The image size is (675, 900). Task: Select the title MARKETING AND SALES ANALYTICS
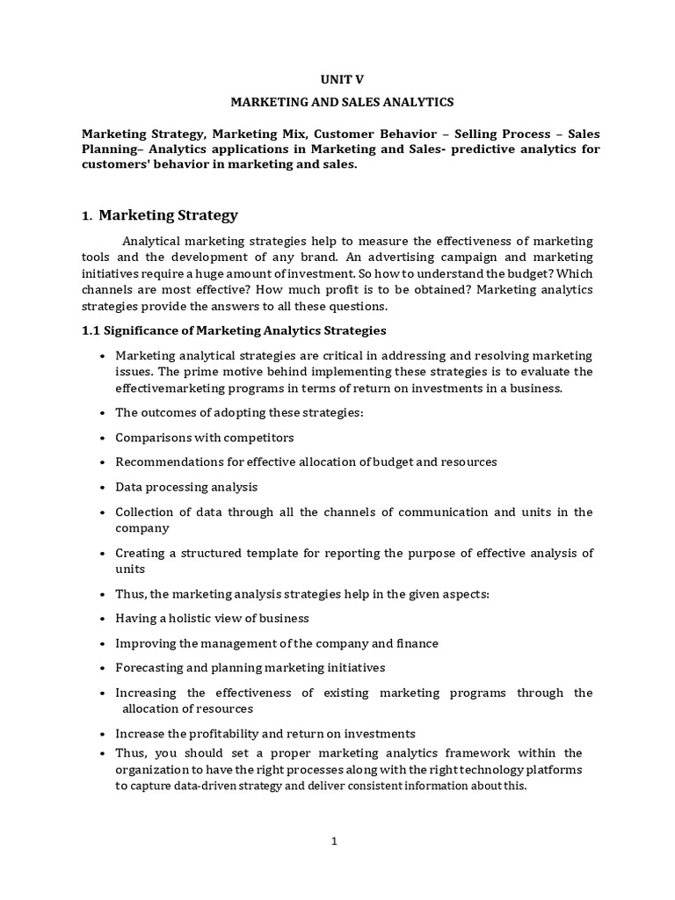point(342,102)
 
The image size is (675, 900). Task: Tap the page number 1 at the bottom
point(334,841)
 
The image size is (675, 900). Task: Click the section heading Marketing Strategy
point(168,214)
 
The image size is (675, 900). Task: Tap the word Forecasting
point(150,668)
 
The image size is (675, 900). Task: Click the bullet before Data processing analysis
point(103,487)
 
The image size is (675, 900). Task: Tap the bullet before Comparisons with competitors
point(103,438)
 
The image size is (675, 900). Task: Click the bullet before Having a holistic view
point(103,619)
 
